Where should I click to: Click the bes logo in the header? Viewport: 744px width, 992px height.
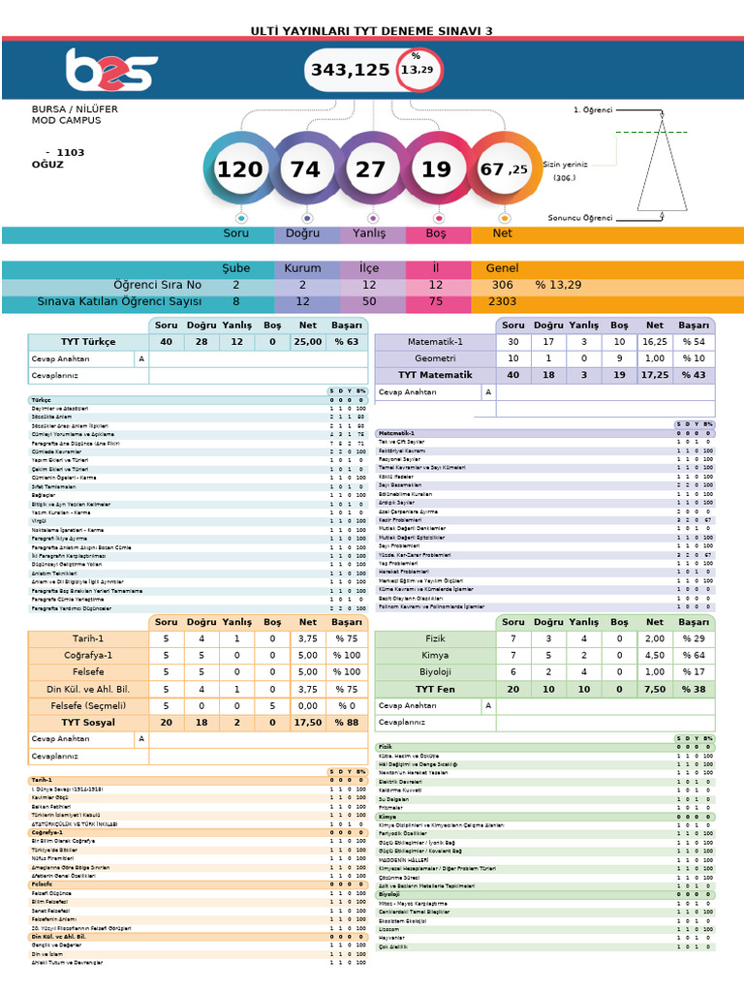[x=110, y=70]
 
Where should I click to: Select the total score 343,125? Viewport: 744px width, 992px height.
[x=351, y=71]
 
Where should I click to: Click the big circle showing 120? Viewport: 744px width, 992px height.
[x=239, y=170]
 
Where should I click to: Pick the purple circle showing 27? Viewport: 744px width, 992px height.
[x=371, y=170]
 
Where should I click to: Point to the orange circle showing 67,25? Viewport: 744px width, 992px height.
[x=503, y=170]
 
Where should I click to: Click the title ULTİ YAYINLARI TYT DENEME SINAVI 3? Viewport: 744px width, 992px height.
[x=372, y=31]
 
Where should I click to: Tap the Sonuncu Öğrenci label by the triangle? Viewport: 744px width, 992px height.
[x=580, y=218]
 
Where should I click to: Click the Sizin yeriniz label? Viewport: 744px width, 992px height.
[x=565, y=165]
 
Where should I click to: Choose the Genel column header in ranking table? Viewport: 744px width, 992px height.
[x=501, y=268]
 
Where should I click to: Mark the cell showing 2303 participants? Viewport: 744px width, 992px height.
[x=502, y=302]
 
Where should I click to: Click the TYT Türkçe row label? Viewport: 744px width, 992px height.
[x=88, y=342]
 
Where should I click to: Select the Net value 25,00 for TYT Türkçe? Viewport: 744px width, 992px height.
[x=307, y=342]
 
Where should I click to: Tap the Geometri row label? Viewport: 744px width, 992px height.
[x=435, y=358]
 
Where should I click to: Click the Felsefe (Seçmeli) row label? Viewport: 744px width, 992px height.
[x=88, y=705]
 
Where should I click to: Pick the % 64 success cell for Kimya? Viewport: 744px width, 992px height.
[x=694, y=656]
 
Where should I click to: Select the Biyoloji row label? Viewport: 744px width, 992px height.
[x=435, y=671]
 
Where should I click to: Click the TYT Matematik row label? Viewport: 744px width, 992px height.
[x=435, y=375]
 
